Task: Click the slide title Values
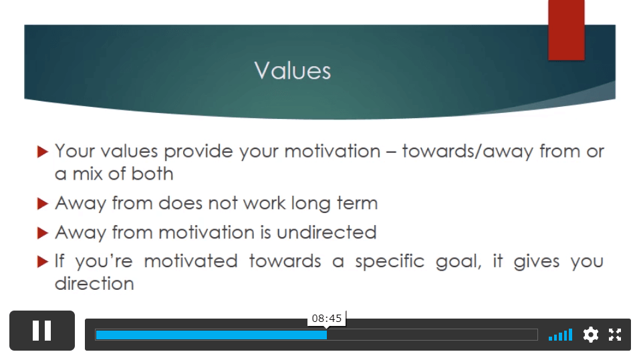[292, 70]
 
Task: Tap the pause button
[42, 330]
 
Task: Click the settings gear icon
[591, 335]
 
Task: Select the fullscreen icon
[615, 335]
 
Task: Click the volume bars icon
[561, 335]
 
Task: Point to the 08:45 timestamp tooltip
[327, 319]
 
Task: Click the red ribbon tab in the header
[566, 30]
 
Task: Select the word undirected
[326, 232]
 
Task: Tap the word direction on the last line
[94, 284]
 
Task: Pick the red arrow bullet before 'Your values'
[43, 152]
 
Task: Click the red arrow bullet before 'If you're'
[43, 262]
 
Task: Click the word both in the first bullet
[152, 174]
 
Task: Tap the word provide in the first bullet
[199, 152]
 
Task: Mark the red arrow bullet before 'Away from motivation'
[43, 232]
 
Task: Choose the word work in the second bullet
[264, 203]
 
